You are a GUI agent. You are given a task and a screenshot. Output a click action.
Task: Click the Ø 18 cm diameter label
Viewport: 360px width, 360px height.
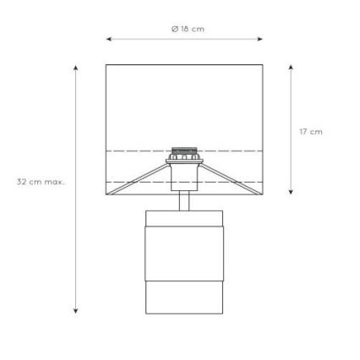pyautogui.click(x=188, y=29)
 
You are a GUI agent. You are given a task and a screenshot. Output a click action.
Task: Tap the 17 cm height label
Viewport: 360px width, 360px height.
pyautogui.click(x=311, y=132)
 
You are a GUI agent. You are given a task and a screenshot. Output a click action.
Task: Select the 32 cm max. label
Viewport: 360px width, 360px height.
pyautogui.click(x=41, y=182)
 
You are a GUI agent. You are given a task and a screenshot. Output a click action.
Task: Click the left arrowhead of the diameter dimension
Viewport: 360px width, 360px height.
pyautogui.click(x=109, y=39)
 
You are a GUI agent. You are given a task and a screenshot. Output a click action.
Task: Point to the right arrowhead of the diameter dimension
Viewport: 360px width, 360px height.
pyautogui.click(x=260, y=39)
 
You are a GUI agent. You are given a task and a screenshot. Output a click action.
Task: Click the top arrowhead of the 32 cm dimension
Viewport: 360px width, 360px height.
pyautogui.click(x=75, y=68)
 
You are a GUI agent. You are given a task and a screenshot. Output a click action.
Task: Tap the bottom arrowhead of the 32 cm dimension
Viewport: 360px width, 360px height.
pyautogui.click(x=75, y=311)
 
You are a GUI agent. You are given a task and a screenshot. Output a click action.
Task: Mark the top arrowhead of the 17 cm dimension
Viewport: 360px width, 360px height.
pyautogui.click(x=291, y=68)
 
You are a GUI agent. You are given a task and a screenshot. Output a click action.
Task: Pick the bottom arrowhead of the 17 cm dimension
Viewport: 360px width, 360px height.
pyautogui.click(x=291, y=192)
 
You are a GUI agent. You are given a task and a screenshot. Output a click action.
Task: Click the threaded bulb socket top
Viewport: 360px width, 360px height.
pyautogui.click(x=184, y=150)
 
